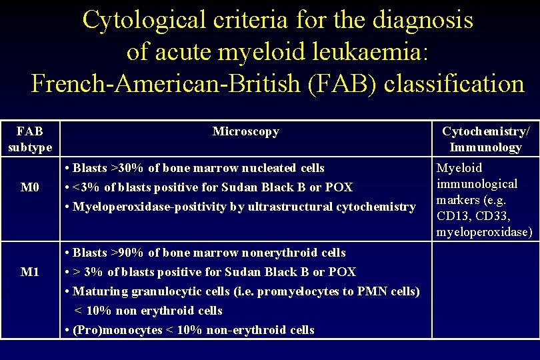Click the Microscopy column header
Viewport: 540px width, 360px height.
coord(245,131)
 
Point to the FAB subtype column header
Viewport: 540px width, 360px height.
coord(29,139)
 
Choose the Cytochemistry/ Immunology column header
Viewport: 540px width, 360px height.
coord(486,139)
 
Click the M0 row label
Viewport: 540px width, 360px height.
coord(29,187)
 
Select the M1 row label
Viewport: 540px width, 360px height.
coord(29,271)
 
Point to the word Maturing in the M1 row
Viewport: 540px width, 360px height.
coord(95,291)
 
